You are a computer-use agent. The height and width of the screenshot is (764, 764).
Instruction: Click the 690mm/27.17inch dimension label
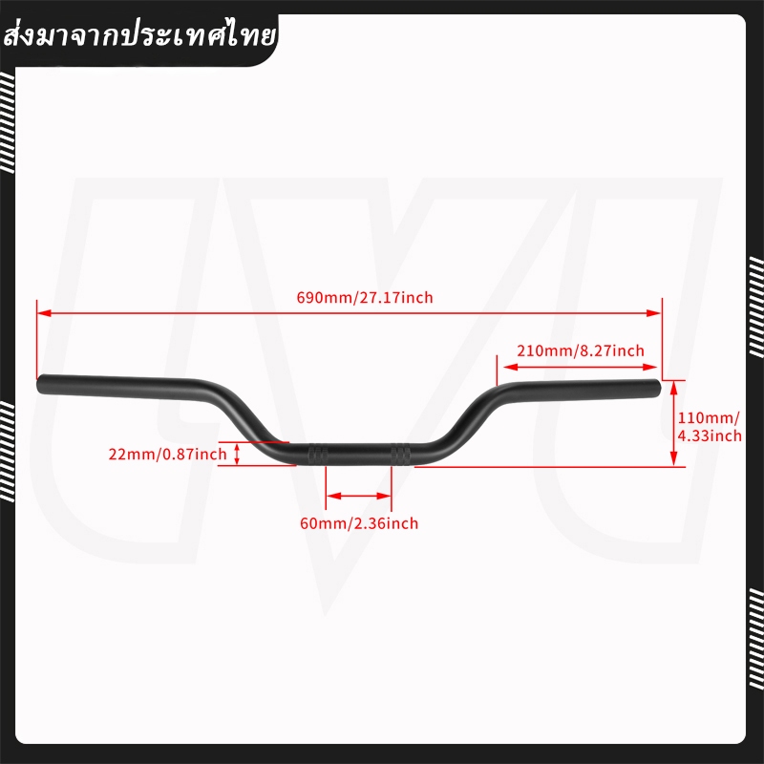pyautogui.click(x=365, y=297)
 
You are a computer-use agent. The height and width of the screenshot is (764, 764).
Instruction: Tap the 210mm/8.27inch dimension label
pyautogui.click(x=581, y=350)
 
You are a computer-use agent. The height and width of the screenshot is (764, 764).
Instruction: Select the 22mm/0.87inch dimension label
pyautogui.click(x=168, y=455)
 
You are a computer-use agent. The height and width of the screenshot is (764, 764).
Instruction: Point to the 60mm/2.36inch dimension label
pyautogui.click(x=359, y=523)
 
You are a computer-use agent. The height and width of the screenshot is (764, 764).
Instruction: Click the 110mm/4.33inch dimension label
pyautogui.click(x=710, y=426)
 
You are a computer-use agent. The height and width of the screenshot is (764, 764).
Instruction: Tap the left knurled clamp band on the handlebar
pyautogui.click(x=318, y=454)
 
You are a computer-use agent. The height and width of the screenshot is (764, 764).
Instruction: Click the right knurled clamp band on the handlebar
pyautogui.click(x=400, y=454)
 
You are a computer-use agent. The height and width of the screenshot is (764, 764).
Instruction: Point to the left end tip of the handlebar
pyautogui.click(x=37, y=384)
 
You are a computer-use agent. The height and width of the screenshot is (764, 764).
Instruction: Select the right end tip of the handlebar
pyautogui.click(x=659, y=388)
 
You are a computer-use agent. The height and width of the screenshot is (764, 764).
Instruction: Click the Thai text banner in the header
pyautogui.click(x=139, y=37)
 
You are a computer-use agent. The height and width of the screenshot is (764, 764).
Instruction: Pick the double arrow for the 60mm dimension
pyautogui.click(x=359, y=496)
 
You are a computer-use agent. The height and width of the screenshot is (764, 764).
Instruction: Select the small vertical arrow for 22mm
pyautogui.click(x=237, y=455)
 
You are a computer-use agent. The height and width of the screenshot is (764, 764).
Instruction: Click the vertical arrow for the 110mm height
pyautogui.click(x=674, y=423)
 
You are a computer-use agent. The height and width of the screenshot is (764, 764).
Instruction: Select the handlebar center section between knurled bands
pyautogui.click(x=359, y=455)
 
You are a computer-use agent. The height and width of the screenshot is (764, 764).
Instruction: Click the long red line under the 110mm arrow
pyautogui.click(x=550, y=467)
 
